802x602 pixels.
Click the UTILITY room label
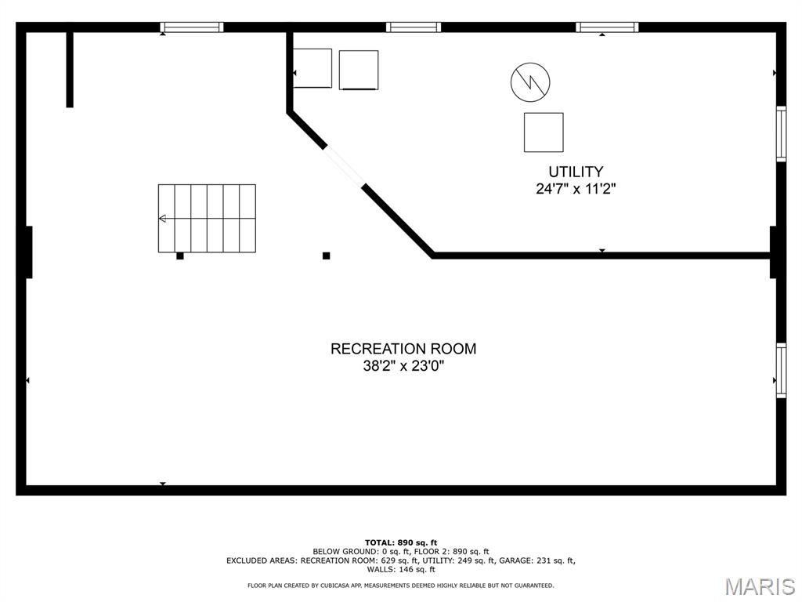pyautogui.click(x=576, y=172)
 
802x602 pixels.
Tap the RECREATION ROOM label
pyautogui.click(x=403, y=349)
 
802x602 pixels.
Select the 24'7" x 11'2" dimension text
pyautogui.click(x=576, y=189)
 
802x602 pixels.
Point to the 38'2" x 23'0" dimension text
pyautogui.click(x=403, y=366)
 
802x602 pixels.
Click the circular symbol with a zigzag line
pyautogui.click(x=530, y=82)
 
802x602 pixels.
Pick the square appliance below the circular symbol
pyautogui.click(x=544, y=132)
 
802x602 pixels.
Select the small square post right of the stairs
pyautogui.click(x=327, y=256)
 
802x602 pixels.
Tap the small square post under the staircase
pyautogui.click(x=180, y=256)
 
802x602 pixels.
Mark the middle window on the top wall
pyautogui.click(x=414, y=27)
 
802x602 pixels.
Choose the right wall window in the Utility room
pyautogui.click(x=781, y=133)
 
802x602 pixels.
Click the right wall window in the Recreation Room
pyautogui.click(x=781, y=370)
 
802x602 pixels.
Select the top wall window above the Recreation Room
pyautogui.click(x=192, y=27)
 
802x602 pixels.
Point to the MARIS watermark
pyautogui.click(x=760, y=586)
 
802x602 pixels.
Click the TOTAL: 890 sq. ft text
pyautogui.click(x=401, y=542)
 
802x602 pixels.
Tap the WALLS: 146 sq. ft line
pyautogui.click(x=401, y=569)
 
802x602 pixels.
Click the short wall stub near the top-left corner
pyautogui.click(x=70, y=70)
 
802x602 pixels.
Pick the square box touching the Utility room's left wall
pyautogui.click(x=312, y=68)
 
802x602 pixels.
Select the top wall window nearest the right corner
pyautogui.click(x=607, y=27)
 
